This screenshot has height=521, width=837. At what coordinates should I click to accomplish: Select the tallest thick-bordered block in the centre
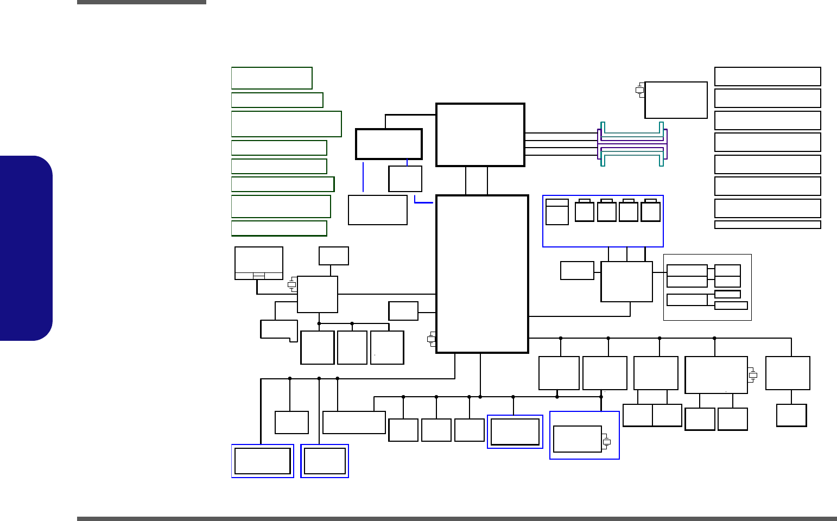pos(482,274)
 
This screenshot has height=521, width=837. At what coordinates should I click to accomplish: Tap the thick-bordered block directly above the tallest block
pos(480,135)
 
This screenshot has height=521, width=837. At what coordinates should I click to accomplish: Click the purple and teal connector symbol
pos(632,144)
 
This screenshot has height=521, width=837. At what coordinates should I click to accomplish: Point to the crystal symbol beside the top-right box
pos(639,90)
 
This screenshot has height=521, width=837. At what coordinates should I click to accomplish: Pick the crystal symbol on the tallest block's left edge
pos(431,339)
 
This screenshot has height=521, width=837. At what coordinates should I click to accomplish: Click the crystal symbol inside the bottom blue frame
pos(606,442)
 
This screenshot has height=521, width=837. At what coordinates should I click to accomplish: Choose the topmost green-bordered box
pos(271,78)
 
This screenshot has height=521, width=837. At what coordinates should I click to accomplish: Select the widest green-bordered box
pos(286,124)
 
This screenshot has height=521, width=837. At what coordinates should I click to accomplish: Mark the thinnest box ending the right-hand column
pos(768,225)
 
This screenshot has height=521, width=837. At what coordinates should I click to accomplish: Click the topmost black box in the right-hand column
pos(768,77)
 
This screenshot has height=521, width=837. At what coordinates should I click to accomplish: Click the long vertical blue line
pos(363,176)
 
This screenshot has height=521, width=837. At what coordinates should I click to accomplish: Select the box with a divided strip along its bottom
pos(259,263)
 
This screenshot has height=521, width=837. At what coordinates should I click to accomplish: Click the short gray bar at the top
pos(142,2)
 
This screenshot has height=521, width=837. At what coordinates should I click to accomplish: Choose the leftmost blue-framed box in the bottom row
pos(263,461)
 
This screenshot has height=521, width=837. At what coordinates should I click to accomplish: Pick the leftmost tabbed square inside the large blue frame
pos(585,211)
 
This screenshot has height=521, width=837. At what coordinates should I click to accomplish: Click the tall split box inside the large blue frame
pos(557,212)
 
